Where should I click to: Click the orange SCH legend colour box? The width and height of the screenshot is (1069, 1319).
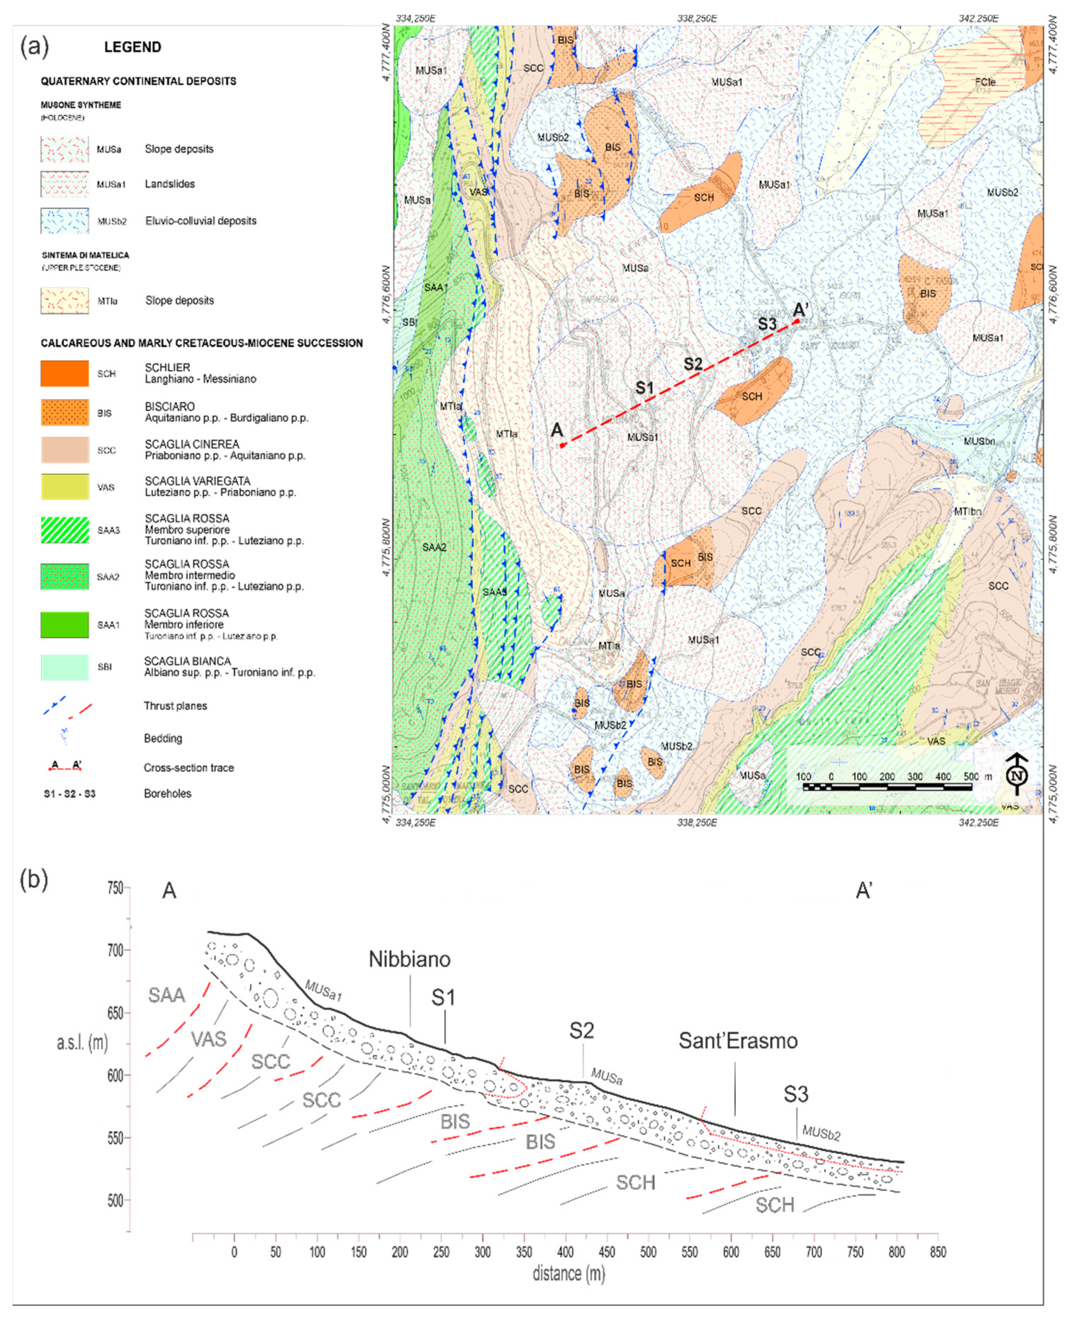[65, 374]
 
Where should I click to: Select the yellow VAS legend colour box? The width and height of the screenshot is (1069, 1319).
[65, 487]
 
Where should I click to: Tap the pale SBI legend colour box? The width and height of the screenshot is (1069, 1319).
[65, 667]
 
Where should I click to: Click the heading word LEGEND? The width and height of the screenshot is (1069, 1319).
[132, 47]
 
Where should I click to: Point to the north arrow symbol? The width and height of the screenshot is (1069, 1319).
[1017, 774]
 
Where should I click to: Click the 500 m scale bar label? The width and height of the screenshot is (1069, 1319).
[971, 777]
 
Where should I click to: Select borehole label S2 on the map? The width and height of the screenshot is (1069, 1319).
[693, 364]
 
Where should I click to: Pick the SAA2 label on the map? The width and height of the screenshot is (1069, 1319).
[435, 547]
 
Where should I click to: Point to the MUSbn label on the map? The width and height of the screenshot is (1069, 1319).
[979, 441]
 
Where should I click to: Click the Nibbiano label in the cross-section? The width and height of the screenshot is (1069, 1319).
[409, 959]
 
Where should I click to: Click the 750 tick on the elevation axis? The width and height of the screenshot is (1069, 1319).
[115, 888]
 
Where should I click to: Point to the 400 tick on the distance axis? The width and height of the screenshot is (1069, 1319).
[565, 1252]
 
